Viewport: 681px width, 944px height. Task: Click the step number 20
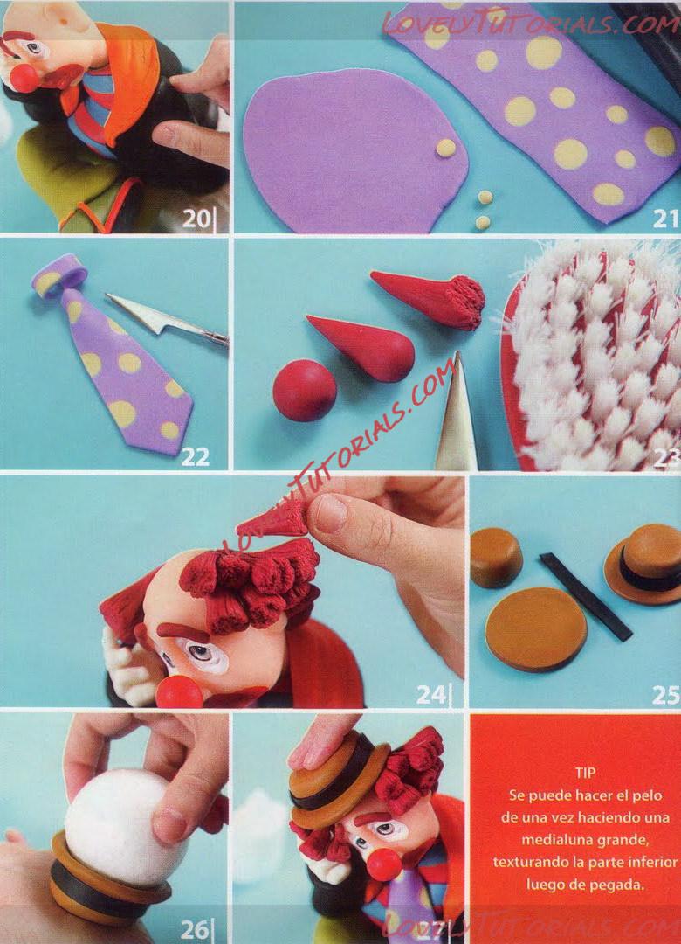click(196, 219)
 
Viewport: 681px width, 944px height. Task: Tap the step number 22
click(195, 457)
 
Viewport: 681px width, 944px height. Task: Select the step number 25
click(665, 695)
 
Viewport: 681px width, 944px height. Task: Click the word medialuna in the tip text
click(550, 839)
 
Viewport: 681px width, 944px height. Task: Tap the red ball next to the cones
click(305, 390)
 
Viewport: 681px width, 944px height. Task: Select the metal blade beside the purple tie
click(166, 319)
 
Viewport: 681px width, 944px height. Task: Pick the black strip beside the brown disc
click(585, 596)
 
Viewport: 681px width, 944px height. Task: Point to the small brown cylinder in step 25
click(496, 558)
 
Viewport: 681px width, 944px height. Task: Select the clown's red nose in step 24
click(179, 691)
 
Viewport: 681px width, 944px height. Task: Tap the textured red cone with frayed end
click(430, 298)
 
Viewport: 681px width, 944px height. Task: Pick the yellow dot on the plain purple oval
click(446, 148)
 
